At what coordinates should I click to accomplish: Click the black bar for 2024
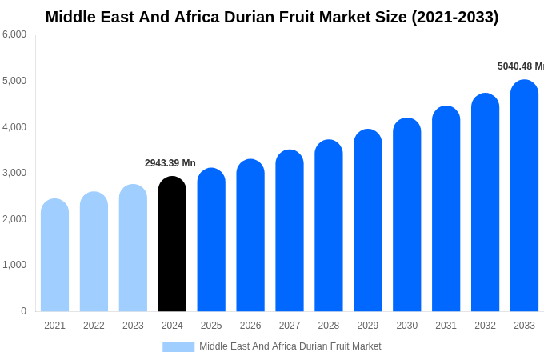pyautogui.click(x=172, y=244)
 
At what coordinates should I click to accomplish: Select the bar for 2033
pyautogui.click(x=524, y=196)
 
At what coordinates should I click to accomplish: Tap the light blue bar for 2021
pyautogui.click(x=54, y=255)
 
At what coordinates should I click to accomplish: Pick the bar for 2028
pyautogui.click(x=329, y=226)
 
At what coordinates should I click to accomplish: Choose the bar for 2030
pyautogui.click(x=406, y=214)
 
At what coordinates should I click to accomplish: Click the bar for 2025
pyautogui.click(x=211, y=240)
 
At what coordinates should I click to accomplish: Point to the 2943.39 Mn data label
pyautogui.click(x=170, y=163)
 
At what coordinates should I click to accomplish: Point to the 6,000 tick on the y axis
pyautogui.click(x=14, y=34)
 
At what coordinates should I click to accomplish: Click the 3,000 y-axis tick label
pyautogui.click(x=14, y=173)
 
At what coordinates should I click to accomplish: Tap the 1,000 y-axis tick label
pyautogui.click(x=14, y=265)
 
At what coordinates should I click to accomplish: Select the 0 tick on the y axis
pyautogui.click(x=23, y=311)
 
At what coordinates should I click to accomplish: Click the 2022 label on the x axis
pyautogui.click(x=94, y=326)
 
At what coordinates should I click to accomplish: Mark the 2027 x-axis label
pyautogui.click(x=290, y=326)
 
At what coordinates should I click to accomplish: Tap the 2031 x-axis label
pyautogui.click(x=446, y=326)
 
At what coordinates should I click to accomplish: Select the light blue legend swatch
pyautogui.click(x=178, y=347)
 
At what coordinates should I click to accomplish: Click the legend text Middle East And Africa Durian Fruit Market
pyautogui.click(x=290, y=346)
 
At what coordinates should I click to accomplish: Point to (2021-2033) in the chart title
pyautogui.click(x=454, y=17)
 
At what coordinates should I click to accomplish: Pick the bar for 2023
pyautogui.click(x=133, y=248)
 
